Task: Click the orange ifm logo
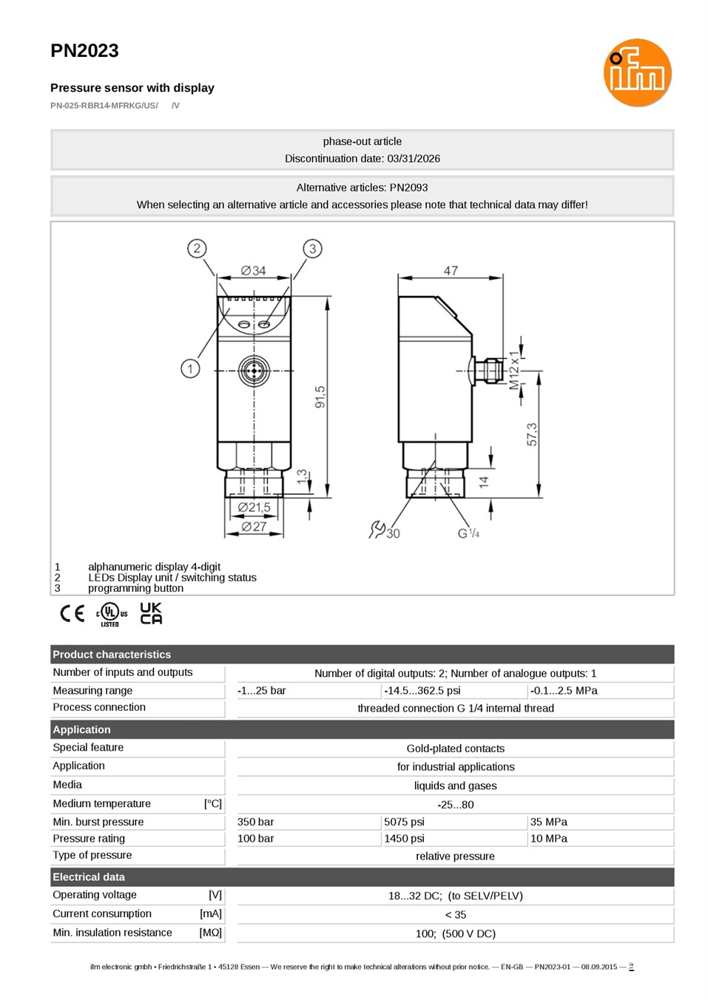pyautogui.click(x=637, y=72)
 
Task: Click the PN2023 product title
pyautogui.click(x=84, y=51)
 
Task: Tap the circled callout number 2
pyautogui.click(x=197, y=249)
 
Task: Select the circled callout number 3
pyautogui.click(x=312, y=249)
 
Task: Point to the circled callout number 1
pyautogui.click(x=190, y=369)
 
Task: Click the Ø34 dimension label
pyautogui.click(x=253, y=271)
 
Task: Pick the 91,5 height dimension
pyautogui.click(x=320, y=397)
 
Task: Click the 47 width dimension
pyautogui.click(x=451, y=271)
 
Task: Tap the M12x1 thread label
pyautogui.click(x=514, y=370)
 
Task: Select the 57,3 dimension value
pyautogui.click(x=532, y=434)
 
